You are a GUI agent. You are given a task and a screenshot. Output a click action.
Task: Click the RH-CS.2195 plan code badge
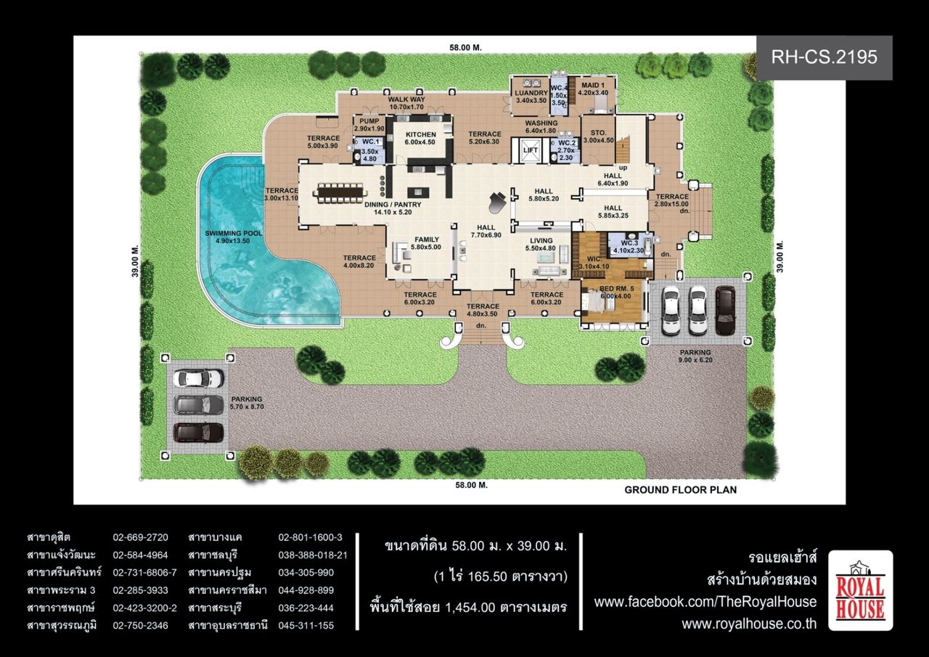pos(824,57)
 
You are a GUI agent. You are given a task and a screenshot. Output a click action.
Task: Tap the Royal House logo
pos(861,590)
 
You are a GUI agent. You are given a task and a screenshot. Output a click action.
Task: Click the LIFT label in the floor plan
pos(531,150)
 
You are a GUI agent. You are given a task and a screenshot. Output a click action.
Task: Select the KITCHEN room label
pos(420,135)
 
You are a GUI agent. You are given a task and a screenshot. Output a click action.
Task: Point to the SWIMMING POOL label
pos(234,234)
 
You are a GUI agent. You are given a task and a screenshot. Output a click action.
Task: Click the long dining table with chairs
pos(342,193)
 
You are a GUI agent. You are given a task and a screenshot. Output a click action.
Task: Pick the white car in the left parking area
pos(199,378)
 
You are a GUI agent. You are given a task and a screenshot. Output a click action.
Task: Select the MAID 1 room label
pos(593,86)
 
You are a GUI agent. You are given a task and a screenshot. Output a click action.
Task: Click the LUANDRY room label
pos(531,94)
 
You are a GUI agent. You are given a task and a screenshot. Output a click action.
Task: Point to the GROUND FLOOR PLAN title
pos(681,490)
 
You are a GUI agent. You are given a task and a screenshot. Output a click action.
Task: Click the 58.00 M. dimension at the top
pos(466,48)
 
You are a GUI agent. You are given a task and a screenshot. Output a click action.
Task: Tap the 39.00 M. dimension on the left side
pos(136,261)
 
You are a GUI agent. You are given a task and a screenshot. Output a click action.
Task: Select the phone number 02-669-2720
pos(141,537)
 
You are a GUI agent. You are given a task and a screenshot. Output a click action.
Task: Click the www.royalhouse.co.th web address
pos(749,624)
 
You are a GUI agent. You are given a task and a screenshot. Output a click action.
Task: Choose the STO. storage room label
pos(599,133)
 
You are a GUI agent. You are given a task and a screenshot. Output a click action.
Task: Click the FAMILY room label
pos(427,240)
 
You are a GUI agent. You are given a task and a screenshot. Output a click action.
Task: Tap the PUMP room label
pos(369,121)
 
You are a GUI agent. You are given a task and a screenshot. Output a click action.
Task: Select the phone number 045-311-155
pos(306,626)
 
